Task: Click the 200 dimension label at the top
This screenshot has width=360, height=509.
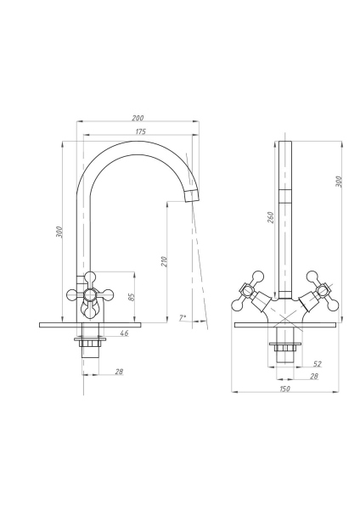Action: pyautogui.click(x=138, y=118)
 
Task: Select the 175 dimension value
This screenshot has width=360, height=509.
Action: pyautogui.click(x=141, y=131)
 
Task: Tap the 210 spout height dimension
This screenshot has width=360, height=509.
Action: pyautogui.click(x=164, y=261)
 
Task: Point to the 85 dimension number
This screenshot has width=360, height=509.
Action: pyautogui.click(x=132, y=297)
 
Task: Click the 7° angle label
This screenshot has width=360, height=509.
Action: pyautogui.click(x=183, y=317)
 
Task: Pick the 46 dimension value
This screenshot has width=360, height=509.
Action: pyautogui.click(x=124, y=333)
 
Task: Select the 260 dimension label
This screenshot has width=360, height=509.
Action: pyautogui.click(x=271, y=217)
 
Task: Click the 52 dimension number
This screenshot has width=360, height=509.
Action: pyautogui.click(x=317, y=364)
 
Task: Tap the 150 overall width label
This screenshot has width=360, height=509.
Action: pyautogui.click(x=284, y=389)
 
